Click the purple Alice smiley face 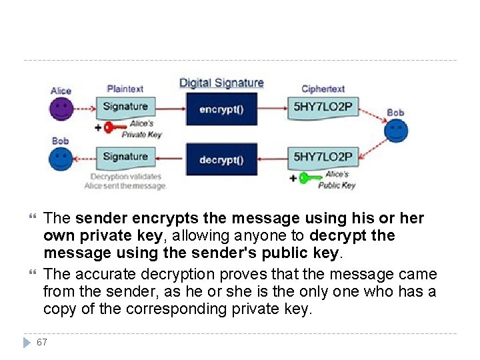[61, 109]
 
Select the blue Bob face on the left [61, 159]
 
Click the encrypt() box [221, 109]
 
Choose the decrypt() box [221, 159]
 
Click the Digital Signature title [221, 83]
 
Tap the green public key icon [310, 178]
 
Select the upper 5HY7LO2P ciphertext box [323, 107]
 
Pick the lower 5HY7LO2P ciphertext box [323, 157]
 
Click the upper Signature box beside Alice [125, 106]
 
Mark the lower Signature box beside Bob [125, 157]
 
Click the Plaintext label [125, 89]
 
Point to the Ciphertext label [323, 89]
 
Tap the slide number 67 [42, 342]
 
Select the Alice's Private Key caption [141, 129]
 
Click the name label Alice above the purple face [61, 91]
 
